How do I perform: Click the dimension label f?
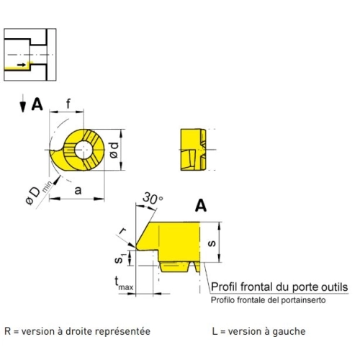click(68, 104)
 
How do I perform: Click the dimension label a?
click(78, 190)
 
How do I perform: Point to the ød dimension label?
click(114, 150)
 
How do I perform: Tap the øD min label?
click(38, 193)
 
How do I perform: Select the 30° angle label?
click(153, 198)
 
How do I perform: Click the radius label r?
click(123, 231)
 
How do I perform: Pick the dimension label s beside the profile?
click(212, 243)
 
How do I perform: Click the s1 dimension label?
click(119, 258)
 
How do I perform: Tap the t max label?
click(123, 284)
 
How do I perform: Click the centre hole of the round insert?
click(84, 150)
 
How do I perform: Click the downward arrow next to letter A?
click(23, 104)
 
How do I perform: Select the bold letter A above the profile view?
click(201, 206)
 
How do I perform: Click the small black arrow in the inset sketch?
click(22, 65)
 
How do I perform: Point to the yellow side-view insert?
click(193, 150)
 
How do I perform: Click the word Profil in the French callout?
click(224, 287)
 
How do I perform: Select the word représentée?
click(122, 332)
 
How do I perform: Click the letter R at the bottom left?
click(8, 331)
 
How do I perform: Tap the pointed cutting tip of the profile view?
click(136, 247)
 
